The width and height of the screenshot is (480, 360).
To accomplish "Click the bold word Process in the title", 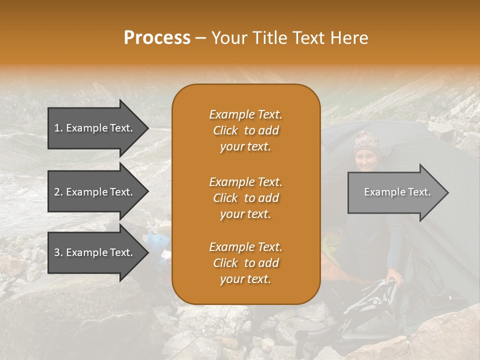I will pos(157,38).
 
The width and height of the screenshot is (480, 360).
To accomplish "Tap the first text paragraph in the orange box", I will pos(245,130).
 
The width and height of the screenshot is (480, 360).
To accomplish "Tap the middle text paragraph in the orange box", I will pos(245,197).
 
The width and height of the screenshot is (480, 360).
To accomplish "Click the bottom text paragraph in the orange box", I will pos(245,263).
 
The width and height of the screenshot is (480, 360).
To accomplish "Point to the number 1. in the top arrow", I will pos(58,128).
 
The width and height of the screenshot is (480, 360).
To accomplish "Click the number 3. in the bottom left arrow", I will pos(58,252).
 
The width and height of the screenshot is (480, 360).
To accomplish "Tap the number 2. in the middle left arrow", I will pos(58,192).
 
